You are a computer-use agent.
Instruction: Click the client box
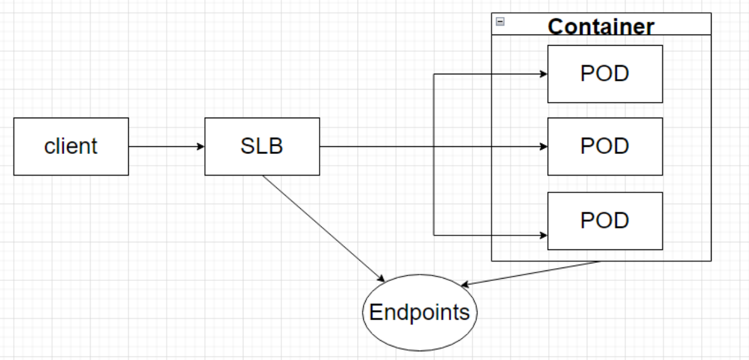(71, 146)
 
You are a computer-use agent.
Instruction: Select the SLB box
(262, 146)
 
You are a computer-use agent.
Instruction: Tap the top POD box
(605, 74)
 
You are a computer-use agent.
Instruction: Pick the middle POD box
(605, 146)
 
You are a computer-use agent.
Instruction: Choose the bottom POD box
(605, 221)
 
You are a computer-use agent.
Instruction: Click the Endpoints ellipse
(420, 313)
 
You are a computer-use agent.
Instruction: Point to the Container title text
(601, 26)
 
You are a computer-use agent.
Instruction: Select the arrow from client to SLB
(166, 146)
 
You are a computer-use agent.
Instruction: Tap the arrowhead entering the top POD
(544, 74)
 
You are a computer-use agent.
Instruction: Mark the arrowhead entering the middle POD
(544, 146)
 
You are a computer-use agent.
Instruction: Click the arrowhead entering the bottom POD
(544, 235)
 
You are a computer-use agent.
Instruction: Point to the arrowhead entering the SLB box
(201, 146)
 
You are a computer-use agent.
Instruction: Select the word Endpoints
(420, 313)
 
